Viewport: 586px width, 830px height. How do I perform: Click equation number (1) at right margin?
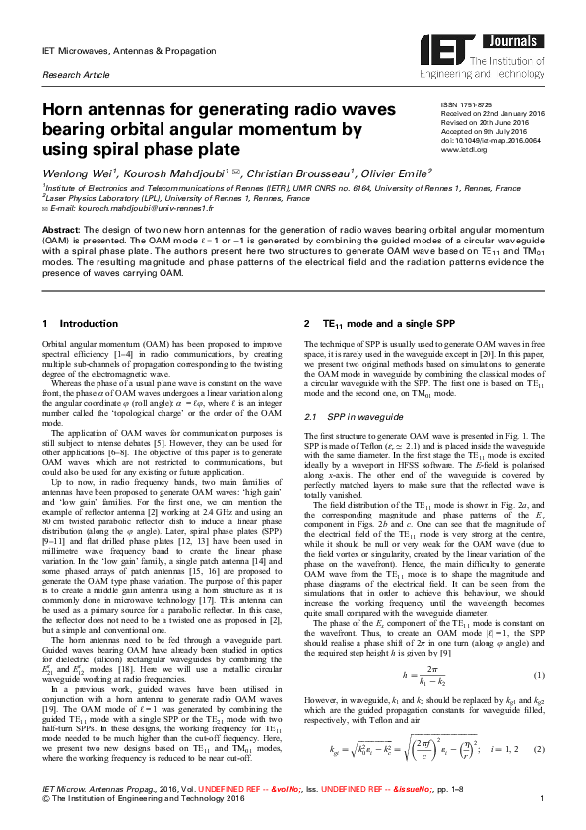tap(538, 702)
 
